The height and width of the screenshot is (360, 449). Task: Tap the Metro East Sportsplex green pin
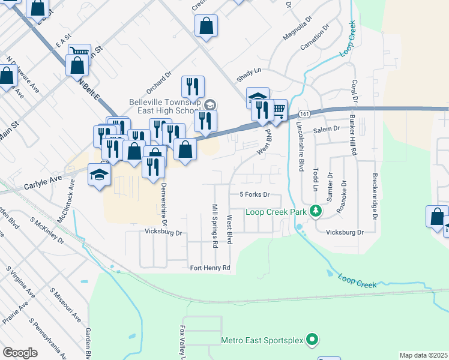(312, 340)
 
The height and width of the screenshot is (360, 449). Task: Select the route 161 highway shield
(304, 113)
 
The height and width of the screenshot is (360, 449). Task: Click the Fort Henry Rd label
(209, 268)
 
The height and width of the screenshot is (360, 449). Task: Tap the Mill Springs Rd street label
(214, 226)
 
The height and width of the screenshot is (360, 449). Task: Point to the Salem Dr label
(327, 128)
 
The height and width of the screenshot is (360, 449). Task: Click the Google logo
(20, 353)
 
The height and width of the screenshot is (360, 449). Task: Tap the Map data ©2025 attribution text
(423, 355)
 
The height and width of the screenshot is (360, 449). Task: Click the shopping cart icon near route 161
(277, 109)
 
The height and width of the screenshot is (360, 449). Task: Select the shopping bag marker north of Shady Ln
(206, 26)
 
